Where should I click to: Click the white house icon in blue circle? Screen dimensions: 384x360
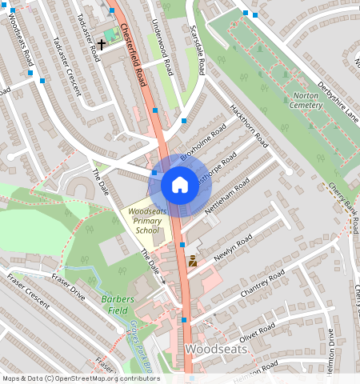[180, 186]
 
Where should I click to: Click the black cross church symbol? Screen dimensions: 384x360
[102, 43]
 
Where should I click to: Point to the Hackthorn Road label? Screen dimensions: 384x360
[249, 126]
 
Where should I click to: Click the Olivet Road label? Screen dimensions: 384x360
[257, 332]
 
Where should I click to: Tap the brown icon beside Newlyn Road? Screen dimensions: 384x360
[193, 261]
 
